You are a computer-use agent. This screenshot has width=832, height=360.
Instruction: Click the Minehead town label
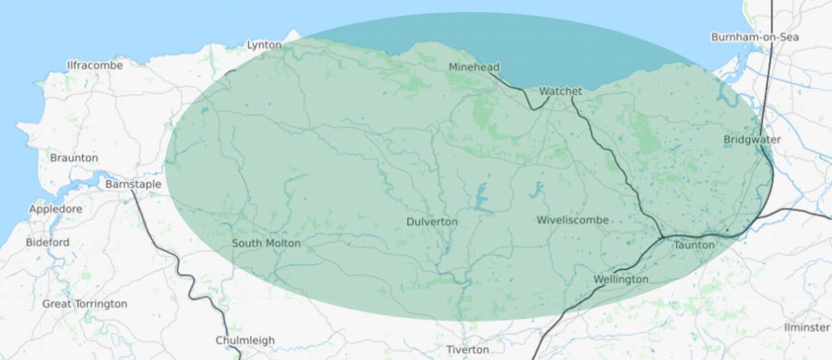474,67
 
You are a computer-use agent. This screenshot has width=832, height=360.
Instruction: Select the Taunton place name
693,245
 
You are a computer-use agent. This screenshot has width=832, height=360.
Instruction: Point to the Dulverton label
431,221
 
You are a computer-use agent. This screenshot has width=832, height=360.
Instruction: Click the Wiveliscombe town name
573,220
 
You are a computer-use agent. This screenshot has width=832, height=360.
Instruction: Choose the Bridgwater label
752,140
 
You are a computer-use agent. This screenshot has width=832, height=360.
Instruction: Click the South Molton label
266,243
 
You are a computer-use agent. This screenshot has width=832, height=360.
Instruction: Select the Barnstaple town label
133,184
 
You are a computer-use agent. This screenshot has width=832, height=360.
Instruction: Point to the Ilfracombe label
93,64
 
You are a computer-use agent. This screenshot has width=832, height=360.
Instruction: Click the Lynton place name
263,45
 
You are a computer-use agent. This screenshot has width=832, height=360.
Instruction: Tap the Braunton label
74,158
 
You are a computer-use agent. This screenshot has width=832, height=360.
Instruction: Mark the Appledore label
55,209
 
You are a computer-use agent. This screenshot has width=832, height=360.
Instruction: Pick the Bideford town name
48,242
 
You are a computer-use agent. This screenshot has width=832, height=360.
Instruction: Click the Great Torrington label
84,304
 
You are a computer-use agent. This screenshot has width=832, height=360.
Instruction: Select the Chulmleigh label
245,340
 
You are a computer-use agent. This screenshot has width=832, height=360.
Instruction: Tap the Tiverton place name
467,349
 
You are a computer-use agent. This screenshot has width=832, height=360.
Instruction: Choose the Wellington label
621,280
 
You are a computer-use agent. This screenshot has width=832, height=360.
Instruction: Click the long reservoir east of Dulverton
482,197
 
